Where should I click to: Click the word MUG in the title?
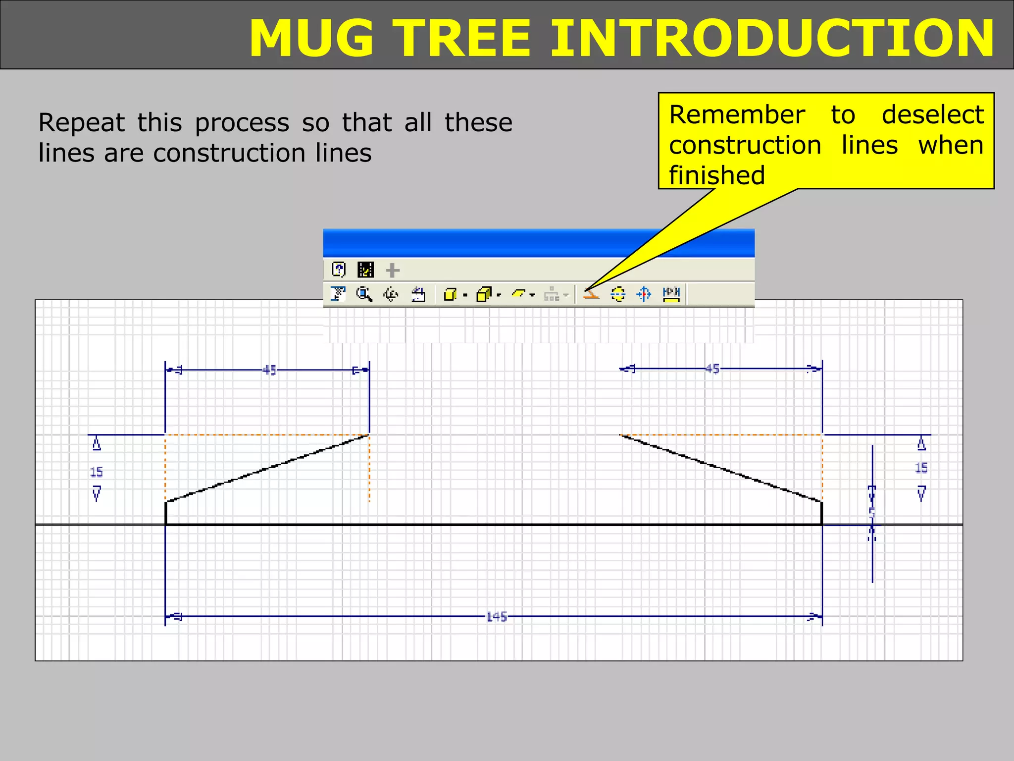[x=311, y=39]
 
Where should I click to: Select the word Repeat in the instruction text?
[x=82, y=123]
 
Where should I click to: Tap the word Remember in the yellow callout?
[x=737, y=115]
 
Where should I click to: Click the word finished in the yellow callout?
[x=716, y=175]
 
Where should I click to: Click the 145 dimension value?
[x=496, y=617]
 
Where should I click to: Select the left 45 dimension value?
[x=269, y=370]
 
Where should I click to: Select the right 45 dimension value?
[x=711, y=369]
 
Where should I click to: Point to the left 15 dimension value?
[x=97, y=472]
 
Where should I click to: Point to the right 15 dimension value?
[x=921, y=468]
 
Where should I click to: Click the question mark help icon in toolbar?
[x=338, y=270]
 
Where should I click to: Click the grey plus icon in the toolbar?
[x=392, y=271]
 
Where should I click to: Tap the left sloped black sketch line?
[x=267, y=469]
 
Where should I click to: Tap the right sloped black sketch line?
[x=721, y=469]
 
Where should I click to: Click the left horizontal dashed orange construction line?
[x=267, y=435]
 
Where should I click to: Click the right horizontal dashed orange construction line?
[x=721, y=435]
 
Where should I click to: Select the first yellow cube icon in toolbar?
[x=450, y=295]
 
